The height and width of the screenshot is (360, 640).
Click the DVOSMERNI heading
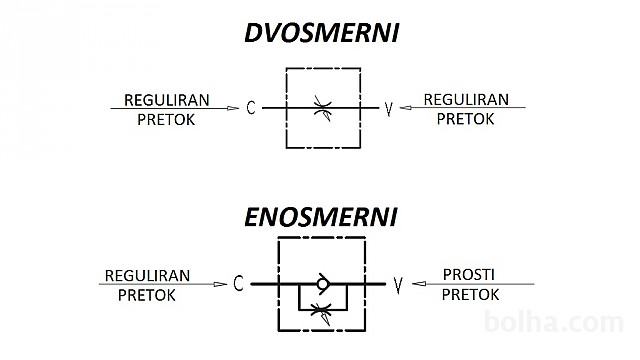click(x=322, y=33)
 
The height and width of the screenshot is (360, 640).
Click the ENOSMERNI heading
click(x=321, y=217)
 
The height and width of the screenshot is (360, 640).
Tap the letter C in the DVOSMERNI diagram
click(x=251, y=108)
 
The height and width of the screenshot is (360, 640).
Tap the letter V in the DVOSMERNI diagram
click(x=389, y=109)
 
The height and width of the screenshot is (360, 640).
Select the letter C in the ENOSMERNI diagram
click(x=238, y=283)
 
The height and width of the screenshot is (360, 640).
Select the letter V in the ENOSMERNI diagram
click(x=398, y=285)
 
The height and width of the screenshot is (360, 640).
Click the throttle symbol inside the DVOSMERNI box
click(x=323, y=108)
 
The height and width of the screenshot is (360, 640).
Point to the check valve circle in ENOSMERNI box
click(x=322, y=284)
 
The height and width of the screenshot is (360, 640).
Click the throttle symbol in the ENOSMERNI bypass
click(x=321, y=312)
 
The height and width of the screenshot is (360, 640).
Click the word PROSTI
click(x=469, y=275)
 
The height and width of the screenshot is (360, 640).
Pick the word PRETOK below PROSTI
click(x=470, y=295)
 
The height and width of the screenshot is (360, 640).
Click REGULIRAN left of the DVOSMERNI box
click(x=167, y=100)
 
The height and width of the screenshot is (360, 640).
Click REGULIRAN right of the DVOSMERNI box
click(x=466, y=100)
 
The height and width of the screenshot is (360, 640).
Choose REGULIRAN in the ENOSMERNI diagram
click(x=147, y=276)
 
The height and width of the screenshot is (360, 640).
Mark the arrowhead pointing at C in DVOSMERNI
click(x=233, y=108)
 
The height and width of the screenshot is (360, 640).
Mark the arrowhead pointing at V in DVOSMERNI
click(x=405, y=108)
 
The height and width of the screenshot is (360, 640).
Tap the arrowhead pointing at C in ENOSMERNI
click(x=220, y=284)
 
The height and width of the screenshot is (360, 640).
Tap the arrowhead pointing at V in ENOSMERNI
click(x=419, y=284)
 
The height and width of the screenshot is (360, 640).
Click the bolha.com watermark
click(x=553, y=322)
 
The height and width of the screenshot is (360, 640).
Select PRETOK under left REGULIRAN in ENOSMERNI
click(x=147, y=296)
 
